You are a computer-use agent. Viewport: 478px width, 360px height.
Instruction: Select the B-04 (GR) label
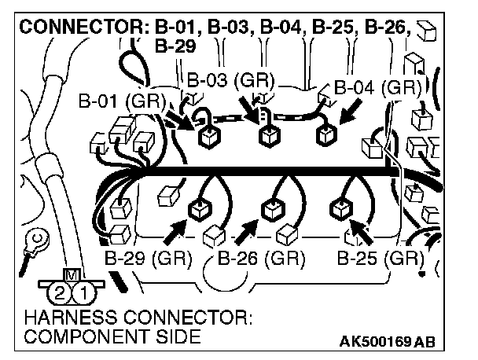pos(373,87)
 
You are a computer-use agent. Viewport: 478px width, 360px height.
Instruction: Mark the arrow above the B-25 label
pos(361,230)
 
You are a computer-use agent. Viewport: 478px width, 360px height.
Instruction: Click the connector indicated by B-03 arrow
pos(267,136)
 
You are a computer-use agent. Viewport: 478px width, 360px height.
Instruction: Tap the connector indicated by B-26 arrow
pos(273,210)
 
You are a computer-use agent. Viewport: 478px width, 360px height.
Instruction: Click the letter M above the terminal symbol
pos(71,275)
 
